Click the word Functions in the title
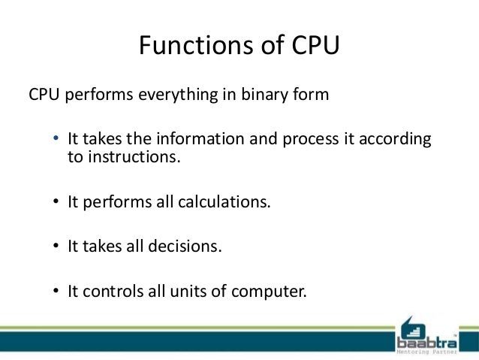186,46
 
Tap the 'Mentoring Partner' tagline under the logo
426,352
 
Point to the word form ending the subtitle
313,97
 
